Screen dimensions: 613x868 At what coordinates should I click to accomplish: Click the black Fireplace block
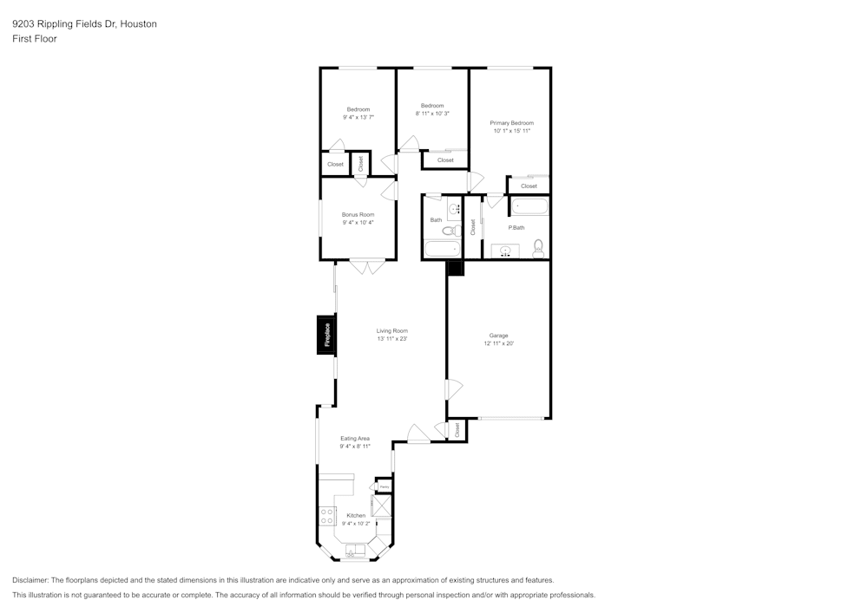(326, 335)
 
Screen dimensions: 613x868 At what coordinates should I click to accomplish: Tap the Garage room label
(498, 336)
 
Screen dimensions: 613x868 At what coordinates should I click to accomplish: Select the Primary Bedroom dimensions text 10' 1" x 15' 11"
(511, 131)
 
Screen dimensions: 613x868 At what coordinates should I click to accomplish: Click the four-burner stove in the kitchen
(328, 516)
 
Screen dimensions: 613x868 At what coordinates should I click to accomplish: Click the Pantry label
(383, 486)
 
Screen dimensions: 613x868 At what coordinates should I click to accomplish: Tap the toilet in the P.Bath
(538, 249)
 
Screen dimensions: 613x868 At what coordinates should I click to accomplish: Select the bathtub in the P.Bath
(529, 206)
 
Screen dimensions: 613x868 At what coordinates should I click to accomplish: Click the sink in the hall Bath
(455, 209)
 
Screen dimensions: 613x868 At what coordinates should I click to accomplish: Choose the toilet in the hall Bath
(456, 230)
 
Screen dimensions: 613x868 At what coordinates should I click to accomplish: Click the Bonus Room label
(358, 214)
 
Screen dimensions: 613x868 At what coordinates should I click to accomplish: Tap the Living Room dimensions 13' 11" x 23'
(392, 339)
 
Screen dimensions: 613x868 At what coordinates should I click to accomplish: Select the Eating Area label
(355, 439)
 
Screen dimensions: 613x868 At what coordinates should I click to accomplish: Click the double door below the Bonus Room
(367, 267)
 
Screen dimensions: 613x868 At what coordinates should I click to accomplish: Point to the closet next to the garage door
(457, 429)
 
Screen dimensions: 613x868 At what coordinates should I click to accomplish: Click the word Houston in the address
(139, 24)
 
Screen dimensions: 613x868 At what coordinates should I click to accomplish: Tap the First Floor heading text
(35, 39)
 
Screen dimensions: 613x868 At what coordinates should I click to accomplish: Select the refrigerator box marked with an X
(382, 506)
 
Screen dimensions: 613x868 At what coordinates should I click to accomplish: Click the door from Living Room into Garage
(450, 390)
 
